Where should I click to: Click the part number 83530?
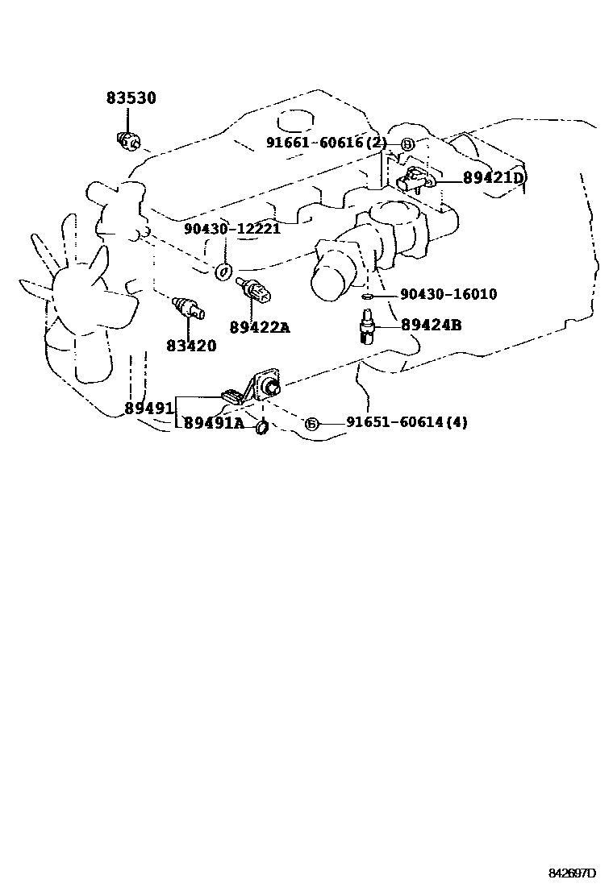[131, 98]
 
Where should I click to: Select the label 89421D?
[494, 178]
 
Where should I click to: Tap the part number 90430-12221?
[231, 229]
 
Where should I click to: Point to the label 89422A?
[259, 327]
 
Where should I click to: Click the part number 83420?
[191, 346]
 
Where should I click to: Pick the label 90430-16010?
[448, 295]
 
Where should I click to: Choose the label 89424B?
[431, 325]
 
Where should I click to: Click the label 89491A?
[214, 423]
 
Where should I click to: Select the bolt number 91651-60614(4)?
[407, 422]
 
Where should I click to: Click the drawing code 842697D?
[573, 873]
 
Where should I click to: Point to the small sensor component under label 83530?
[128, 141]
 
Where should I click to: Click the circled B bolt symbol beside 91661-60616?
[407, 144]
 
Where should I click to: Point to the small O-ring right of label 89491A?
[262, 427]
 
